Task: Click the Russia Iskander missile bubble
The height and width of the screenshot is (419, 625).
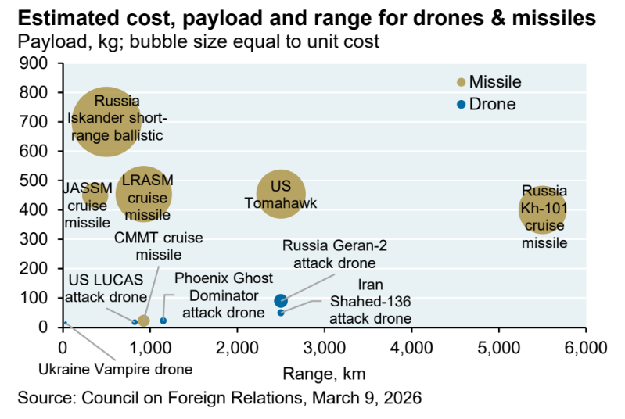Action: [x=106, y=121]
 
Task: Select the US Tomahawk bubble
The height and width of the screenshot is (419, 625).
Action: [x=281, y=195]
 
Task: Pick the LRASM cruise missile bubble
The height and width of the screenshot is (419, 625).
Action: [x=143, y=195]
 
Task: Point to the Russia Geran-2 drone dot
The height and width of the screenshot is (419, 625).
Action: [x=281, y=301]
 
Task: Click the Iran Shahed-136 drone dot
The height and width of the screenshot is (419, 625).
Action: [x=281, y=313]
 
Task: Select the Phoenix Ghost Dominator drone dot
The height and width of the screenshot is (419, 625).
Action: [x=163, y=321]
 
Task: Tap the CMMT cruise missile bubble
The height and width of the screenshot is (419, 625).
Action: [x=143, y=321]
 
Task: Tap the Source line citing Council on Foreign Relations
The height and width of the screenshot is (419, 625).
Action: [x=220, y=398]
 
